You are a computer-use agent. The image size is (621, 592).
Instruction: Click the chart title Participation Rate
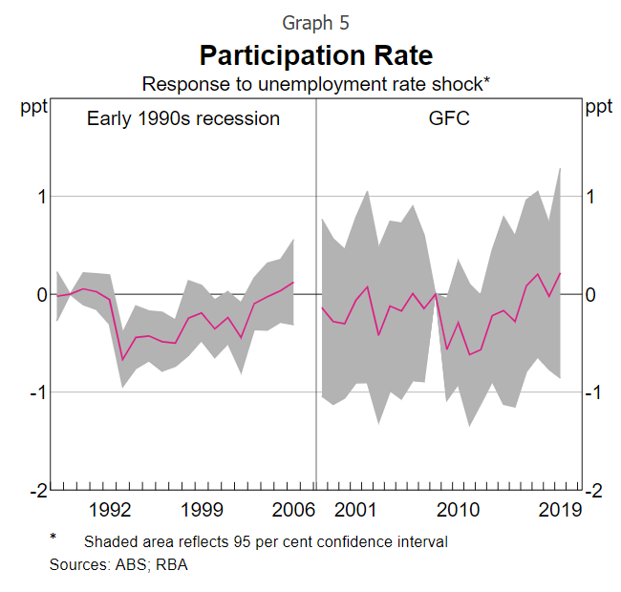point(315,53)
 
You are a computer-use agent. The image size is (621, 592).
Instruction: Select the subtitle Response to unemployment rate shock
point(315,84)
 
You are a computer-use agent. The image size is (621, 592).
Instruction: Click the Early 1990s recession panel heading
point(183,118)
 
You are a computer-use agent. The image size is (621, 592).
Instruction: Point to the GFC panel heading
point(449,118)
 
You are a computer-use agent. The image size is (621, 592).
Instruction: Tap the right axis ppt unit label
point(599,107)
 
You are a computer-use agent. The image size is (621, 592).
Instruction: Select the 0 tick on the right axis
point(591,294)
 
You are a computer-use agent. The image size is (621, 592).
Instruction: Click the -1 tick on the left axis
point(35,392)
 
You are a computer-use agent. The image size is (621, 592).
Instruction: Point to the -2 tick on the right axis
point(594,490)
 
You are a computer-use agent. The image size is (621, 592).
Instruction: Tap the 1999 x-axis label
point(202,509)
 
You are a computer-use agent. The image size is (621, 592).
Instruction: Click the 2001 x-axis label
point(355,509)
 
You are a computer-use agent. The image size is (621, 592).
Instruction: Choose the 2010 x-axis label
point(458,509)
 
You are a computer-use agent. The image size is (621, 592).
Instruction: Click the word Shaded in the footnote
point(110,541)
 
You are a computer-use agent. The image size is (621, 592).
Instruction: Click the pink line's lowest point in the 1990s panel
point(122,360)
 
